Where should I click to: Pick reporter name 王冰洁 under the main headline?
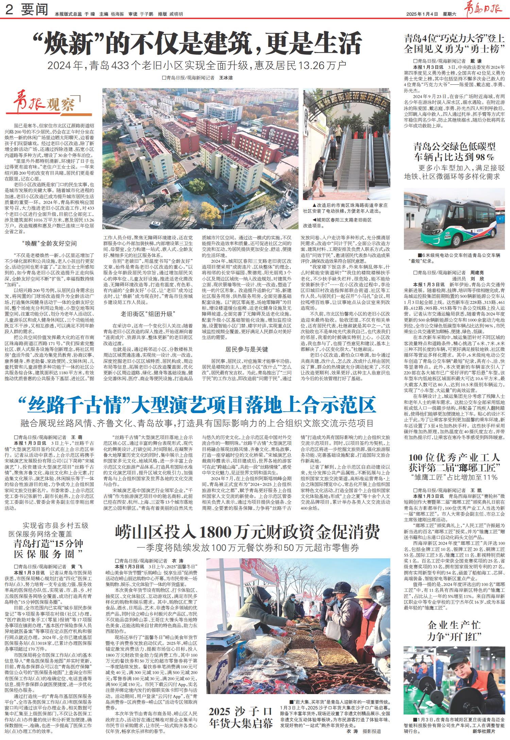[226, 78]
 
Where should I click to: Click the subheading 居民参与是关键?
[247, 349]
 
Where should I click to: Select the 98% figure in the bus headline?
[483, 157]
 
